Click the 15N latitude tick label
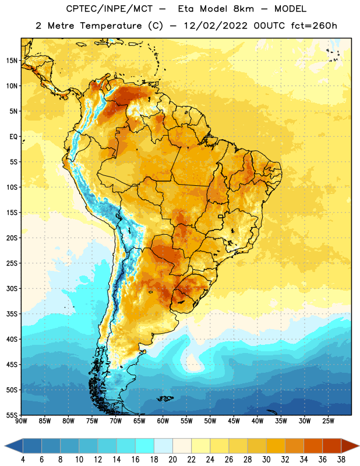[x=12, y=61]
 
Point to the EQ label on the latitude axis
[x=13, y=137]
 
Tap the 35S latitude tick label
[x=12, y=314]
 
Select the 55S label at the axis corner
[x=12, y=415]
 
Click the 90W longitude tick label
[x=22, y=421]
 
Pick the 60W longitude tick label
[x=163, y=421]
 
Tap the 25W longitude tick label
[x=328, y=421]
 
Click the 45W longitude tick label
[x=234, y=421]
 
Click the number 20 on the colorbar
[x=172, y=460]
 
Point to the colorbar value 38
[x=341, y=460]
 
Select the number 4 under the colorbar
[x=23, y=460]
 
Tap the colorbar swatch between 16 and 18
[x=144, y=446]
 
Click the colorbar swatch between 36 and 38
[x=332, y=446]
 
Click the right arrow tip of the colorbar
[x=359, y=446]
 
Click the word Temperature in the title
[x=111, y=26]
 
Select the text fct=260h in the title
[x=314, y=26]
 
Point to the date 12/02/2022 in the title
[x=216, y=26]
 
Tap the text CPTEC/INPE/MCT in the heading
[x=110, y=9]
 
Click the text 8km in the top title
[x=243, y=9]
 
